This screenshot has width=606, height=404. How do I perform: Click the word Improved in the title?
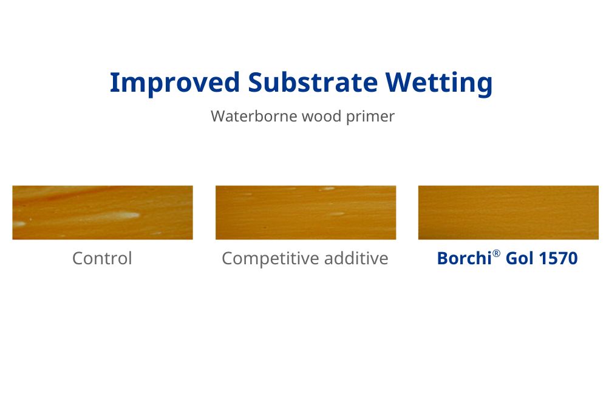coord(175,83)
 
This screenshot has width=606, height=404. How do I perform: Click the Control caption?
coord(102,258)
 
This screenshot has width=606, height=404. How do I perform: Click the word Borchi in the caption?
coord(464,258)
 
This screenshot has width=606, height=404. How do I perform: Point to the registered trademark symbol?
coord(496,253)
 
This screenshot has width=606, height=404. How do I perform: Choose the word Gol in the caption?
coord(519,258)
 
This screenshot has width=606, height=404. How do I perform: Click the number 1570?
coord(558,258)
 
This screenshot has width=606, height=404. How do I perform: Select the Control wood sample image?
coord(103,213)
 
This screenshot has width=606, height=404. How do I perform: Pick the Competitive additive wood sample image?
coord(305,213)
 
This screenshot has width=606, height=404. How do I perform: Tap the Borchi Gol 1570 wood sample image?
coord(508,213)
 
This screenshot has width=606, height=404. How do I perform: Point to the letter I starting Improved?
coord(113,82)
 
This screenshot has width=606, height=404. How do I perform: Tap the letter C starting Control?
coord(78,258)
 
